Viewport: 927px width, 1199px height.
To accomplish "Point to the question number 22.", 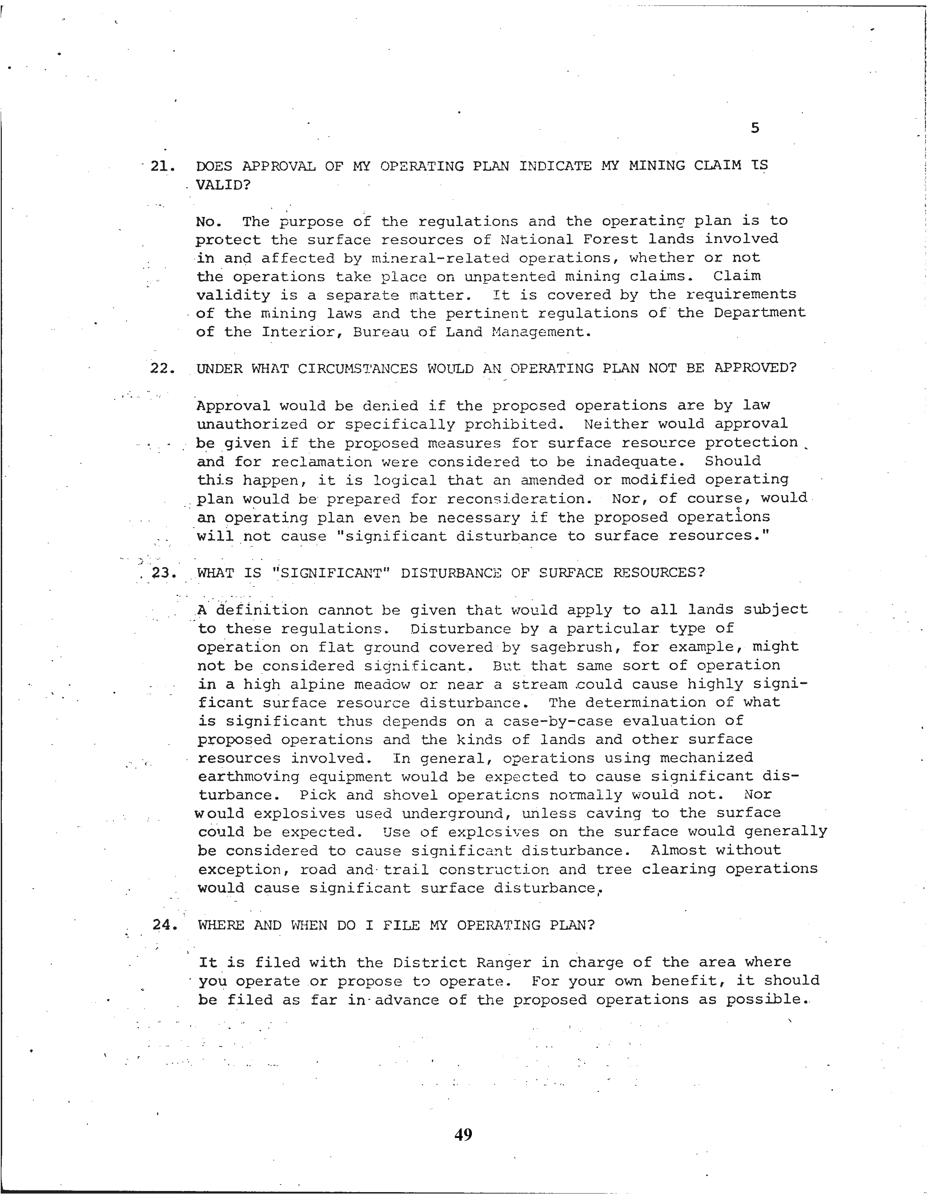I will (162, 369).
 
